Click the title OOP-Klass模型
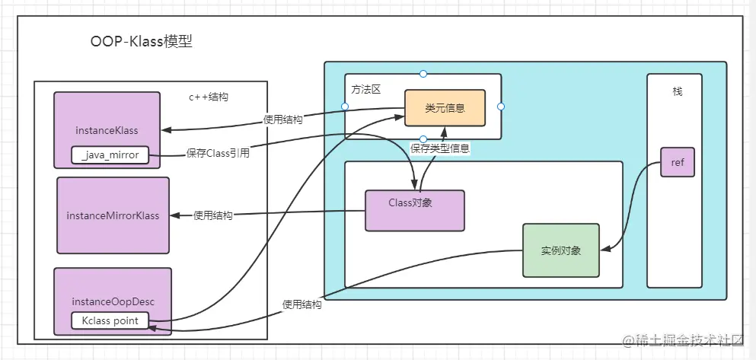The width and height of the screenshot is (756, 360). click(x=141, y=42)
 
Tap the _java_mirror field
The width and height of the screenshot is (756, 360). click(x=110, y=155)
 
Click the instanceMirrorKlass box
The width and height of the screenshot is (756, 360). click(x=113, y=215)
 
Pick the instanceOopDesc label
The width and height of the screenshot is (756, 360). click(x=113, y=301)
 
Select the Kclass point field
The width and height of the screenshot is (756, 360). click(x=110, y=320)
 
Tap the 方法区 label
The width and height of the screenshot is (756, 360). click(x=365, y=89)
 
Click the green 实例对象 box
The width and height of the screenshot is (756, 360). click(x=560, y=250)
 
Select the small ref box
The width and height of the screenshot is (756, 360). click(x=678, y=162)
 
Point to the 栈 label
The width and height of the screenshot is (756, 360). click(x=678, y=91)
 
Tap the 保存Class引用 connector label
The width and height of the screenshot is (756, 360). click(x=218, y=152)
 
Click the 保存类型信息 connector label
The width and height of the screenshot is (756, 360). click(x=440, y=149)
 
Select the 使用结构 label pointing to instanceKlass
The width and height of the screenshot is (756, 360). click(x=282, y=119)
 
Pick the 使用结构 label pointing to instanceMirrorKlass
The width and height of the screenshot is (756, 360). click(x=213, y=215)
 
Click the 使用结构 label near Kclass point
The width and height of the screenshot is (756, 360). click(x=301, y=304)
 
